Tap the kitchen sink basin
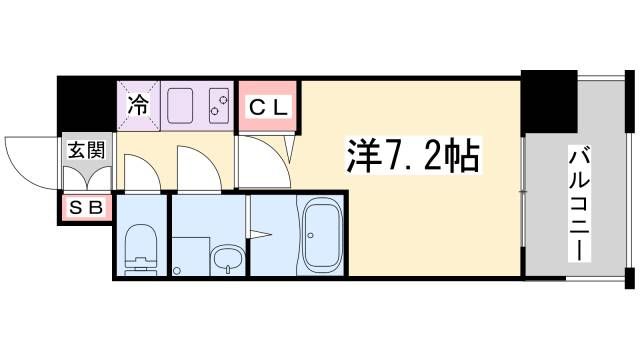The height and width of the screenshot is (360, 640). pyautogui.click(x=184, y=104)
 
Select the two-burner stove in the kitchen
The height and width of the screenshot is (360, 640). pyautogui.click(x=218, y=105)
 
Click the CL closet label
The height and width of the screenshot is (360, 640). pyautogui.click(x=268, y=104)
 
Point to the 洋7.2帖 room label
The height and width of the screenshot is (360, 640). pyautogui.click(x=409, y=156)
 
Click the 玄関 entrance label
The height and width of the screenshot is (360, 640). pyautogui.click(x=85, y=151)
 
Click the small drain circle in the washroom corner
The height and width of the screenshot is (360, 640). pyautogui.click(x=177, y=269)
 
